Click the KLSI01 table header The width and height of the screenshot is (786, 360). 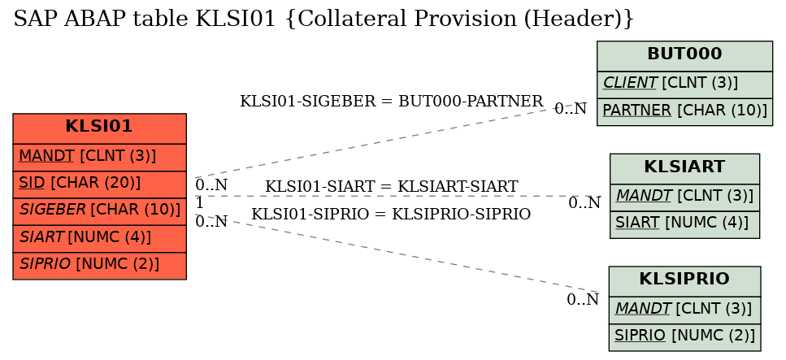pos(99,128)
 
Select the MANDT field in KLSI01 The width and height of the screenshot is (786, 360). pos(99,158)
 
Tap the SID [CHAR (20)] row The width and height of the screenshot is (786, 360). pos(99,184)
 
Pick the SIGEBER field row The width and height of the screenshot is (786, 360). pos(99,211)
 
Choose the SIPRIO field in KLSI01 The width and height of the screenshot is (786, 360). pos(99,266)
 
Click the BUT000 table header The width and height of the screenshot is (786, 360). pos(684,56)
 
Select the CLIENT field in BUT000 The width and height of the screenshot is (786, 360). pos(684,85)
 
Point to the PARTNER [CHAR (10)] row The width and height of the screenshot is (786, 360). pos(684,112)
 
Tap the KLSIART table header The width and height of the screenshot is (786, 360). pos(684,169)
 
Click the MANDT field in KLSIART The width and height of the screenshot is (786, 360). pos(684,197)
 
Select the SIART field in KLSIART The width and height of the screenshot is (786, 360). pos(684,224)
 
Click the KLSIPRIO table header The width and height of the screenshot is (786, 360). pos(684,281)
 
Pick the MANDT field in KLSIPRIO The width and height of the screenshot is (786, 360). pos(684,310)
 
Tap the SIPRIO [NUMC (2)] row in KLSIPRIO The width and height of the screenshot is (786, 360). pos(684,337)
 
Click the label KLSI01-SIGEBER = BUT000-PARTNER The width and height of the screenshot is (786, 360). pos(392,102)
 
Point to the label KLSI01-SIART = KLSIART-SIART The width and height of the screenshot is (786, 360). pos(392,187)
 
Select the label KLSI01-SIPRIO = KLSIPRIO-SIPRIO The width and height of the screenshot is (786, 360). pos(391,214)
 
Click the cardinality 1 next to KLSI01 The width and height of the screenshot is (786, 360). pos(199,203)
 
